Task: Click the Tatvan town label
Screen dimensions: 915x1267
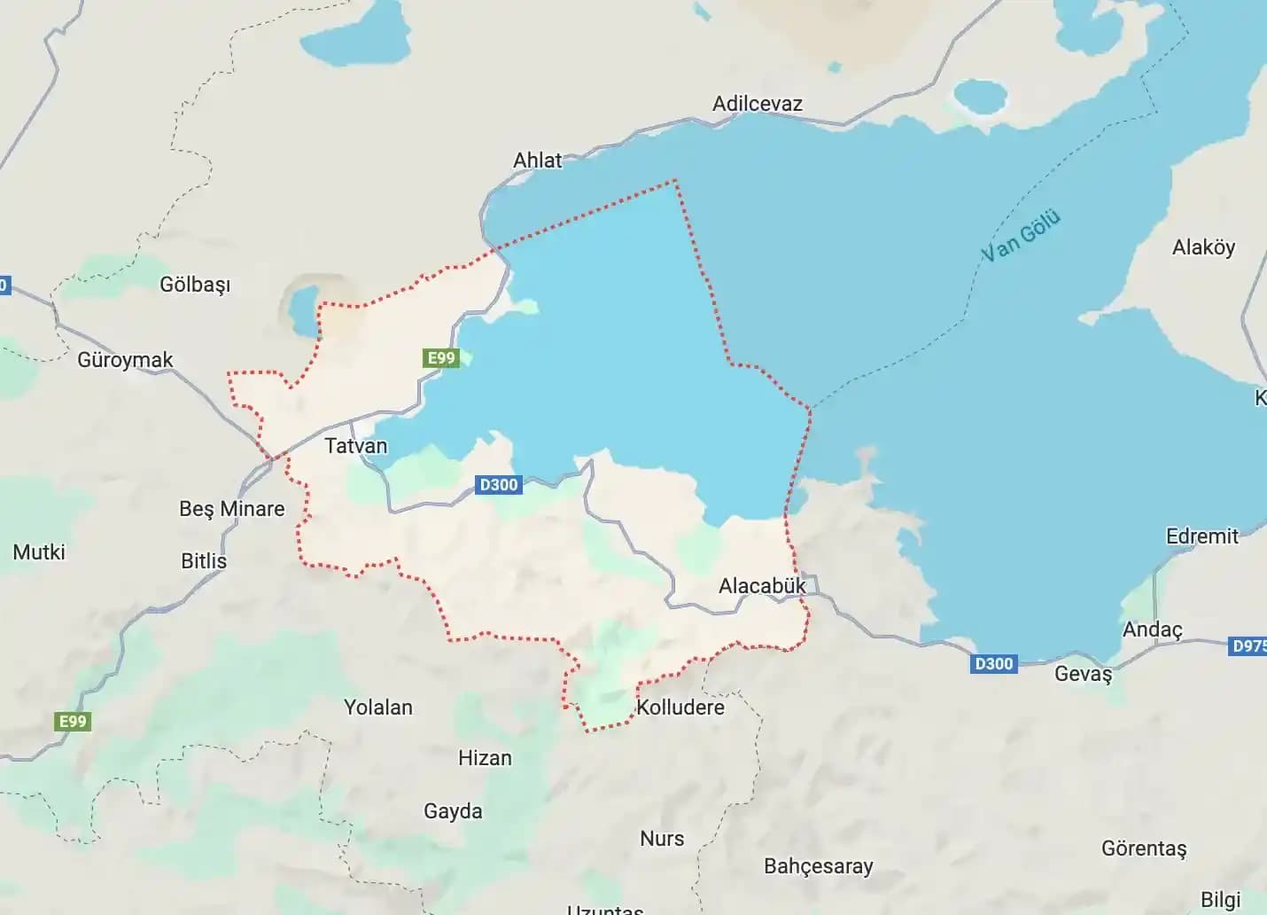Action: click(x=356, y=446)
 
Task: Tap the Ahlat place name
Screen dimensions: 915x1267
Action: click(x=537, y=160)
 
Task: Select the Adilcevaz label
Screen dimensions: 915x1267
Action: click(x=757, y=104)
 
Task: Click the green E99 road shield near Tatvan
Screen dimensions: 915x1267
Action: click(x=441, y=358)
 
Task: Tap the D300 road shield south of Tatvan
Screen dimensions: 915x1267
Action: click(x=498, y=485)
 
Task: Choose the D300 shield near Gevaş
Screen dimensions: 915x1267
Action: click(x=993, y=664)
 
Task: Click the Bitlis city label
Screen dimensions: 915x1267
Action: click(x=204, y=561)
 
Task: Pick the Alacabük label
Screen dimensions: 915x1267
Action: click(x=762, y=586)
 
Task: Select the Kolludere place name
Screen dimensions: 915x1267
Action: click(x=680, y=708)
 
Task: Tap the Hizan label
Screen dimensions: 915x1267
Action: click(x=485, y=758)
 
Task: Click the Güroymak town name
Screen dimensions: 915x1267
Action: click(x=125, y=360)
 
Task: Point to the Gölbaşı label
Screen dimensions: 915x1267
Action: click(x=195, y=285)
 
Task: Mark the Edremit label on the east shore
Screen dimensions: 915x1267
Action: click(x=1201, y=536)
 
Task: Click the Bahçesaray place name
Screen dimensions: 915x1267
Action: click(x=818, y=866)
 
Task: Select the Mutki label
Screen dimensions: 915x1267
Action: click(x=39, y=552)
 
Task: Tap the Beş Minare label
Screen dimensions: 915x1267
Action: click(x=232, y=509)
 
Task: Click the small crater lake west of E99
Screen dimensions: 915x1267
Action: click(x=302, y=309)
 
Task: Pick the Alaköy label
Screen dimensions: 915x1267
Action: click(x=1203, y=247)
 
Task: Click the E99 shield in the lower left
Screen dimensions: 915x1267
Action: click(x=73, y=722)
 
